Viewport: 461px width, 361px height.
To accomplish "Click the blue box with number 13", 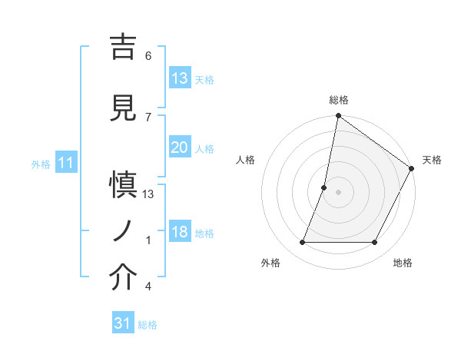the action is pyautogui.click(x=180, y=79).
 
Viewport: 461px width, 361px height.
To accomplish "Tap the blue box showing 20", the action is pyautogui.click(x=180, y=148).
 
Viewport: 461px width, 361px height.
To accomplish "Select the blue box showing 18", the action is pyautogui.click(x=180, y=233).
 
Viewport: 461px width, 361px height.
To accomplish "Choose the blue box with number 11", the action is pyautogui.click(x=66, y=164).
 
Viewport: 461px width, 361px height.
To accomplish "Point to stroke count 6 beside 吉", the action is pyautogui.click(x=148, y=56).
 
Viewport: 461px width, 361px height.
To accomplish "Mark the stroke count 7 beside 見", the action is pyautogui.click(x=148, y=117).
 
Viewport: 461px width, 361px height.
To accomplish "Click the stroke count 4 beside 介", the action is pyautogui.click(x=148, y=286).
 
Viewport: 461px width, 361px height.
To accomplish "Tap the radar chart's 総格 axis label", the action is pyautogui.click(x=339, y=100).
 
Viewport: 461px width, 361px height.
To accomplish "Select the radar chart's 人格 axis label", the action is pyautogui.click(x=246, y=160).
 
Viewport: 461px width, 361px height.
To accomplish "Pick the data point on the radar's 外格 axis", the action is pyautogui.click(x=302, y=243).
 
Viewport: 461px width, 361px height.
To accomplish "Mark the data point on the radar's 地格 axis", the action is pyautogui.click(x=375, y=243).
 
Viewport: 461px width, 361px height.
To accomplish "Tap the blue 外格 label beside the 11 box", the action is pyautogui.click(x=41, y=164).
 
